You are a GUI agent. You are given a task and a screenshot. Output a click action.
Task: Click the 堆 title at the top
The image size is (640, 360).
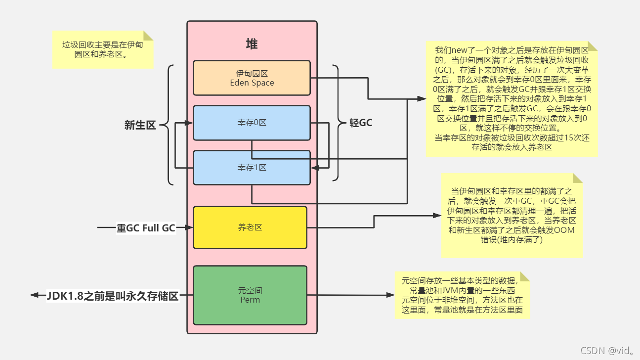tap(252, 44)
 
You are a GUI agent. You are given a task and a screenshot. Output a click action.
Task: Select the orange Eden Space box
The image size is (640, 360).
tap(252, 78)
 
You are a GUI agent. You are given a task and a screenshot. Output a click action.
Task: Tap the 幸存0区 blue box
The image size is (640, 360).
tap(252, 123)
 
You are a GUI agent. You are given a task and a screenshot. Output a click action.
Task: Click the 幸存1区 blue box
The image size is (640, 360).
tap(252, 168)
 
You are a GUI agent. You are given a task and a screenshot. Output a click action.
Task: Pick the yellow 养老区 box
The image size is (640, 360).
tap(250, 227)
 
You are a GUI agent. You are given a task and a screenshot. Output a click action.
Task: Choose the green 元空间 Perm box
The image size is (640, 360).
tap(250, 295)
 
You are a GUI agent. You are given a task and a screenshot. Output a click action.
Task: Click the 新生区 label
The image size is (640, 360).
tap(140, 125)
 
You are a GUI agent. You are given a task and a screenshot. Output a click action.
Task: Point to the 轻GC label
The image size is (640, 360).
tap(361, 123)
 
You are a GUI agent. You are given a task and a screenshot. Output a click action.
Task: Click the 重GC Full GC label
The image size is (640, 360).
tap(146, 228)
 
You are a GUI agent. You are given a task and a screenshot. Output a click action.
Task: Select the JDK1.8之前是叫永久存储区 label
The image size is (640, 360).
tap(112, 296)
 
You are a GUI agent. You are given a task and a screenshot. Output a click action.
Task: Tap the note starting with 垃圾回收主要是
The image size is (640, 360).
tap(103, 50)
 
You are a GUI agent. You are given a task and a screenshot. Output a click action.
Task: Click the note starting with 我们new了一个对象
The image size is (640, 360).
tap(512, 99)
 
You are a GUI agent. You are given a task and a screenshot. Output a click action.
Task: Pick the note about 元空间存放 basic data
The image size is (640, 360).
tap(462, 295)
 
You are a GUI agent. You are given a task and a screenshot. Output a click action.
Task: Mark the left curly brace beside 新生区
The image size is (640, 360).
tap(170, 125)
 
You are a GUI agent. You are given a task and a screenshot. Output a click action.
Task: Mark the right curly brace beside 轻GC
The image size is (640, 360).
tap(338, 123)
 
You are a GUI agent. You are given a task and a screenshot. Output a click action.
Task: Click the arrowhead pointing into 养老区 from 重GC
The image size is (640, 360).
tap(188, 227)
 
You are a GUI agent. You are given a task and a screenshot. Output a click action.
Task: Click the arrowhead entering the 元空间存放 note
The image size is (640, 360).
tap(390, 296)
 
